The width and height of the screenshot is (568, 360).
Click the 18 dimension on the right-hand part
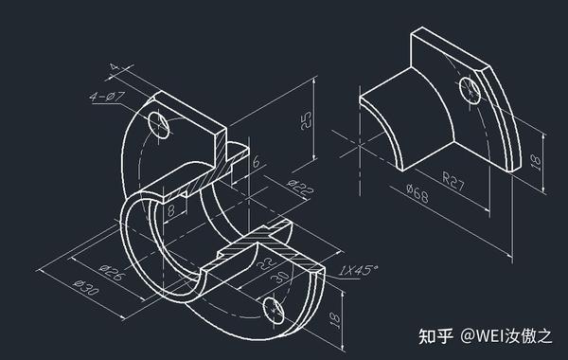coord(536,162)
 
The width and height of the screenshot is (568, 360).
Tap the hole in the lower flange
coord(273,307)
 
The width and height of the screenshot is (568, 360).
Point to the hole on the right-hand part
coord(470,92)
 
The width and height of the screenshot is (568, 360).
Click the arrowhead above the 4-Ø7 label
coord(116,66)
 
